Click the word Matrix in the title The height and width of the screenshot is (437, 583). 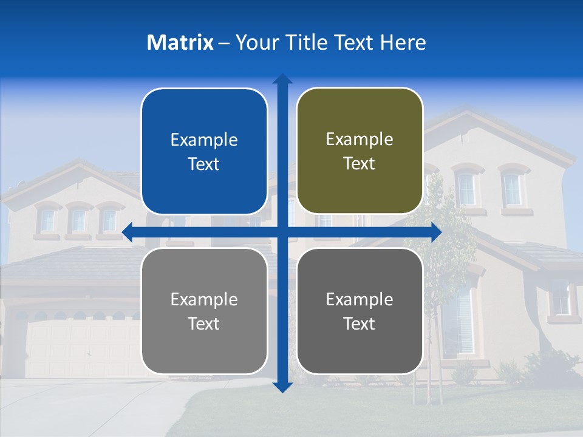click(180, 42)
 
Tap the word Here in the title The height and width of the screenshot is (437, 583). click(403, 42)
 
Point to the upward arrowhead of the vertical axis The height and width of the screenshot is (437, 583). click(282, 79)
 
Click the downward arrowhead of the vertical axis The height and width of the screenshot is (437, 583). click(282, 387)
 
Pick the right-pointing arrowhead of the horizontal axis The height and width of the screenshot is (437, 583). click(436, 232)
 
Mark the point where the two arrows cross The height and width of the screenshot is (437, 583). click(282, 232)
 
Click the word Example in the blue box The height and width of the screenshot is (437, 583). click(204, 140)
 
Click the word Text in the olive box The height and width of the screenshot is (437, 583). click(360, 164)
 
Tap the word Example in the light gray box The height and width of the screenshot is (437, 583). click(204, 300)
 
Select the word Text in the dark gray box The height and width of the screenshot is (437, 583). click(360, 324)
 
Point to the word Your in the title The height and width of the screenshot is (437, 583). click(257, 42)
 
